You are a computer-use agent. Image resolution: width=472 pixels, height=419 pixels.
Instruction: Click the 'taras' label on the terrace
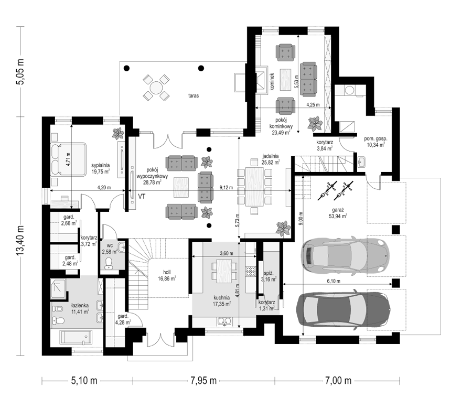tap(194, 96)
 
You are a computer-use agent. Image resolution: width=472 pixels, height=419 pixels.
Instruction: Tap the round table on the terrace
tap(156, 88)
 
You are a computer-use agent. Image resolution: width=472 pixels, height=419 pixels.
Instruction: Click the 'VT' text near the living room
tap(142, 196)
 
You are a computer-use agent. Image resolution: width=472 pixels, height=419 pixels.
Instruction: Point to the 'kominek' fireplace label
tap(272, 80)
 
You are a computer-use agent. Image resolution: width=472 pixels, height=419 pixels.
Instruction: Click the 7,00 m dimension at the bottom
tap(338, 381)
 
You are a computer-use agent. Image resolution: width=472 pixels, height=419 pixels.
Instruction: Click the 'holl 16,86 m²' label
tap(167, 275)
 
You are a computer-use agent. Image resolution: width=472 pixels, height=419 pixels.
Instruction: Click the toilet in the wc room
tap(108, 263)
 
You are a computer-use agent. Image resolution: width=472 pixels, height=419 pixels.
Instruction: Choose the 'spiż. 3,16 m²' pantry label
tap(268, 276)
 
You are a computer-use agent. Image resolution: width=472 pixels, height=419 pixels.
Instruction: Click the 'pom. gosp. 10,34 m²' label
tap(376, 142)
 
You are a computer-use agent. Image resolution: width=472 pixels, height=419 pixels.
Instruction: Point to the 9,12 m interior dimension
tap(226, 188)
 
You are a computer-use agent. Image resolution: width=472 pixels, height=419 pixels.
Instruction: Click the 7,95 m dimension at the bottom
tap(203, 381)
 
